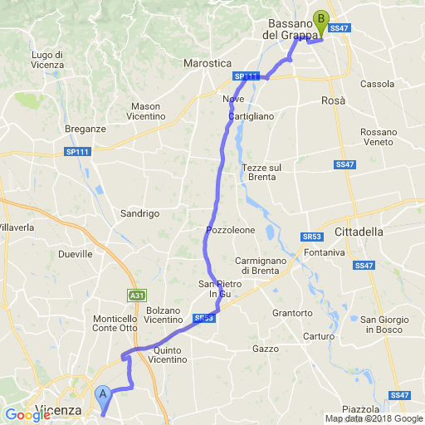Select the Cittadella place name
click(358, 232)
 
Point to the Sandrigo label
click(139, 213)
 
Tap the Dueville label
click(76, 254)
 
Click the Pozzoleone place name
click(228, 229)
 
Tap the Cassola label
click(378, 84)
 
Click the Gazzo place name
click(266, 349)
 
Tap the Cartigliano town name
click(249, 116)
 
